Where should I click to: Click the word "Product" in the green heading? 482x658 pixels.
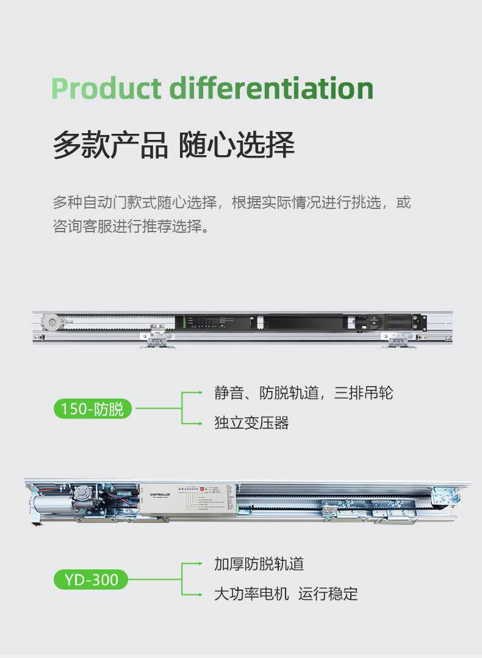[x=107, y=89]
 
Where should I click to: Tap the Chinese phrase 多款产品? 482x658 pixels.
[x=110, y=145]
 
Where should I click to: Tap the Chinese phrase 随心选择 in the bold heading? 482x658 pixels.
[x=237, y=145]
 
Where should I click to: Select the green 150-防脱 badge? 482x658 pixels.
[x=92, y=409]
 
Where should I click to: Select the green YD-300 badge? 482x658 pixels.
[x=92, y=579]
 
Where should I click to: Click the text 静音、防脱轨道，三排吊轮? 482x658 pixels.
[x=303, y=393]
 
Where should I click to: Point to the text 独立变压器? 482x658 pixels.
[x=251, y=423]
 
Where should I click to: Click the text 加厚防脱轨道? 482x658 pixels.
[x=259, y=564]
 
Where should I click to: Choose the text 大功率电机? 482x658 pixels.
[x=251, y=594]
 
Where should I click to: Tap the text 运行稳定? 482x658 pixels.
[x=328, y=594]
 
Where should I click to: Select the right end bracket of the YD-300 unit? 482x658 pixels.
[x=443, y=496]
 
